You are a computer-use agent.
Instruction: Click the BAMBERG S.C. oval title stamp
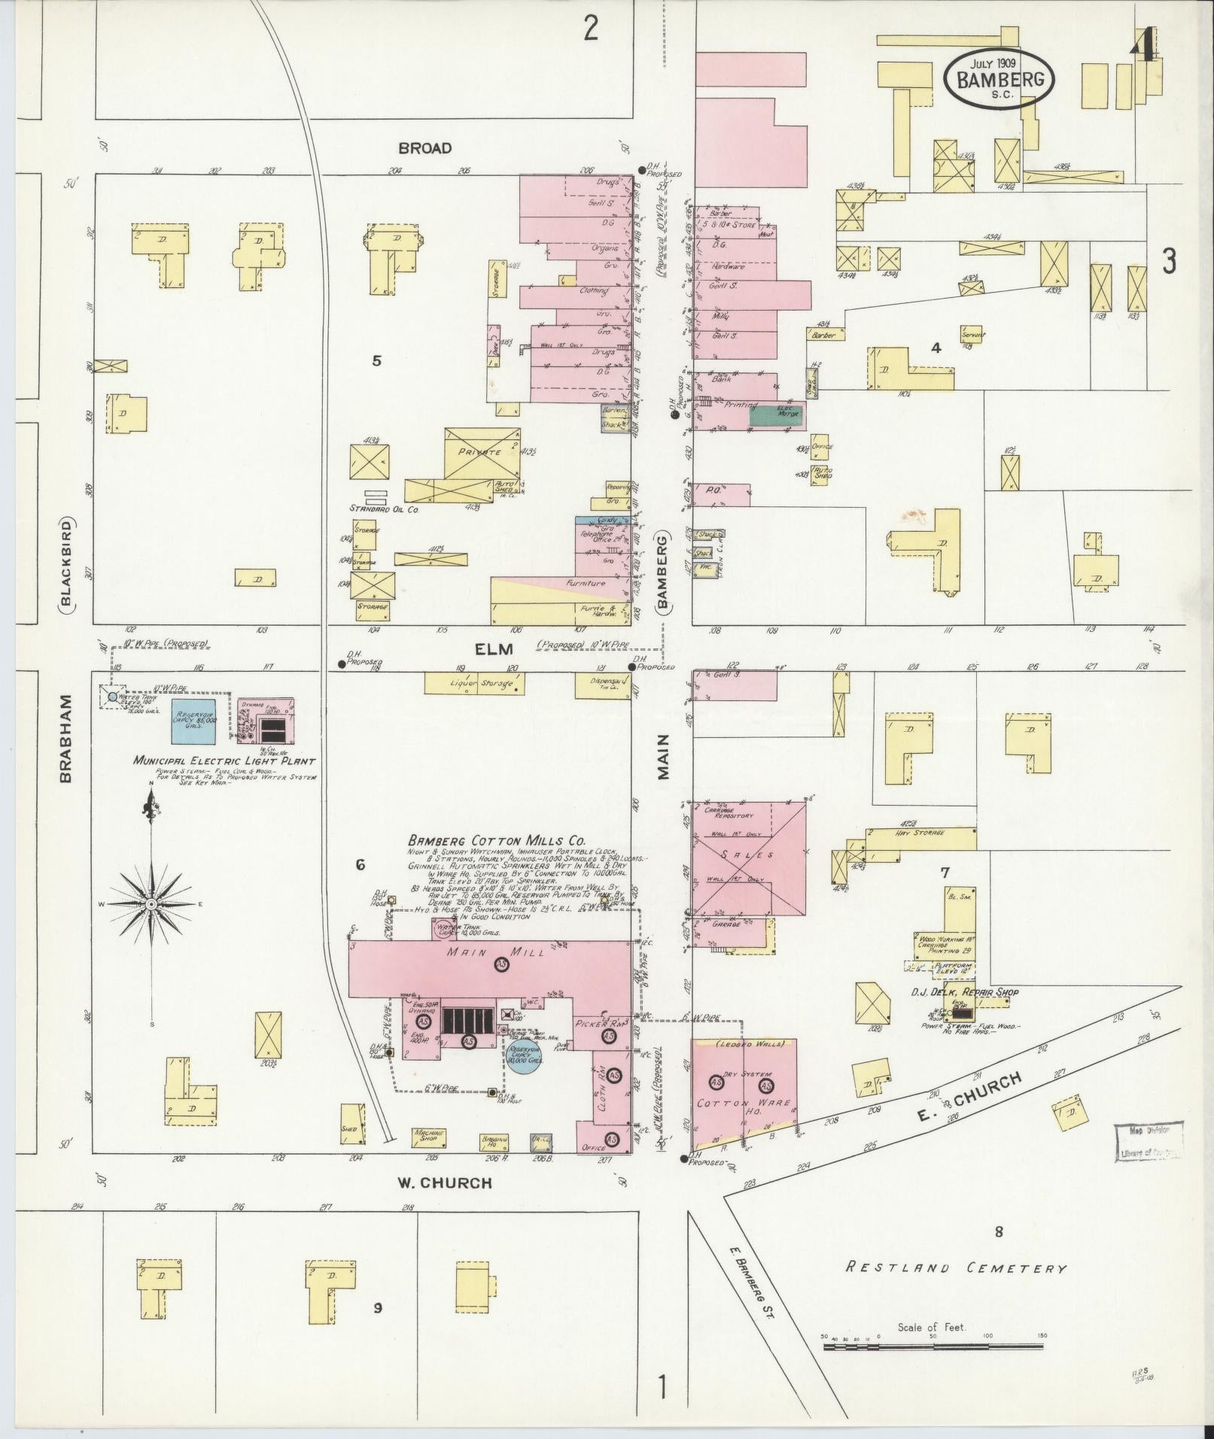(x=999, y=79)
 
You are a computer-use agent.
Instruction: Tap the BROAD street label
(x=425, y=148)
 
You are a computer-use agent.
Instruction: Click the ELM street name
(x=493, y=648)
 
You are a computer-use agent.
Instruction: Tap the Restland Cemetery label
(x=956, y=1268)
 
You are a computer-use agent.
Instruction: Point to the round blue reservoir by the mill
(x=524, y=1057)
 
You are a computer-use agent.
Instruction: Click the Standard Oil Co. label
(x=384, y=509)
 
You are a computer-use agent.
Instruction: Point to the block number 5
(x=376, y=361)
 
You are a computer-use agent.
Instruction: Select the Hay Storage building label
(x=915, y=833)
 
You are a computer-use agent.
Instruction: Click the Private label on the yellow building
(x=482, y=453)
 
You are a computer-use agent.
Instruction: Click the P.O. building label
(x=713, y=490)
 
